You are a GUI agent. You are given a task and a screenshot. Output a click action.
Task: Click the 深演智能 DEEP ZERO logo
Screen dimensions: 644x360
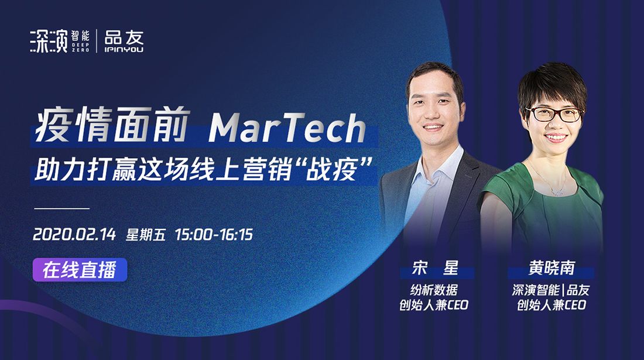60,40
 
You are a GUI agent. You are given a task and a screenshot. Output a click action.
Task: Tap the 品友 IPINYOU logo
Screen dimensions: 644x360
124,41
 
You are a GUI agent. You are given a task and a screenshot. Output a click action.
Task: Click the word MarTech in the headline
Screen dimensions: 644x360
287,128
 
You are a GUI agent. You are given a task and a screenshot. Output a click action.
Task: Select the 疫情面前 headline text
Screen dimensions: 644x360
112,125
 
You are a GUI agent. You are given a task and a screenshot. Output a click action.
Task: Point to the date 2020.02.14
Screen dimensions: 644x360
74,234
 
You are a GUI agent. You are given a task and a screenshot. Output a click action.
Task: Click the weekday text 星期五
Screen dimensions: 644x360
146,234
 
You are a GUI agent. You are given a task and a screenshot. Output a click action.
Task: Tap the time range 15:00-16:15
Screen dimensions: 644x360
214,234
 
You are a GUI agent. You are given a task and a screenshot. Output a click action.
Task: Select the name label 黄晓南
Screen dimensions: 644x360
551,268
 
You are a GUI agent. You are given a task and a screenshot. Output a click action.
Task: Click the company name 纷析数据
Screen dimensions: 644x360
434,290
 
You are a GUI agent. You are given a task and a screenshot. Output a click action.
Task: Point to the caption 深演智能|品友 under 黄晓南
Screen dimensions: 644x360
551,290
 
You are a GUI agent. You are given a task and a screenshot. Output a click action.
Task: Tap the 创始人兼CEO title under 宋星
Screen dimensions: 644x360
434,305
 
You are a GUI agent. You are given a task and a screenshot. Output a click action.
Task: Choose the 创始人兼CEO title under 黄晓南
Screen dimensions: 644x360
551,305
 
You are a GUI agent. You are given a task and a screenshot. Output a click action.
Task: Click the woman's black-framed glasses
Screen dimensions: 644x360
554,114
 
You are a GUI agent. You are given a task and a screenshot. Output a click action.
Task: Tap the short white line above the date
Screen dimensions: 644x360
61,208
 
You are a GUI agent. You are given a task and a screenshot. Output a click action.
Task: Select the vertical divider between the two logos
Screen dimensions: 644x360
97,41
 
